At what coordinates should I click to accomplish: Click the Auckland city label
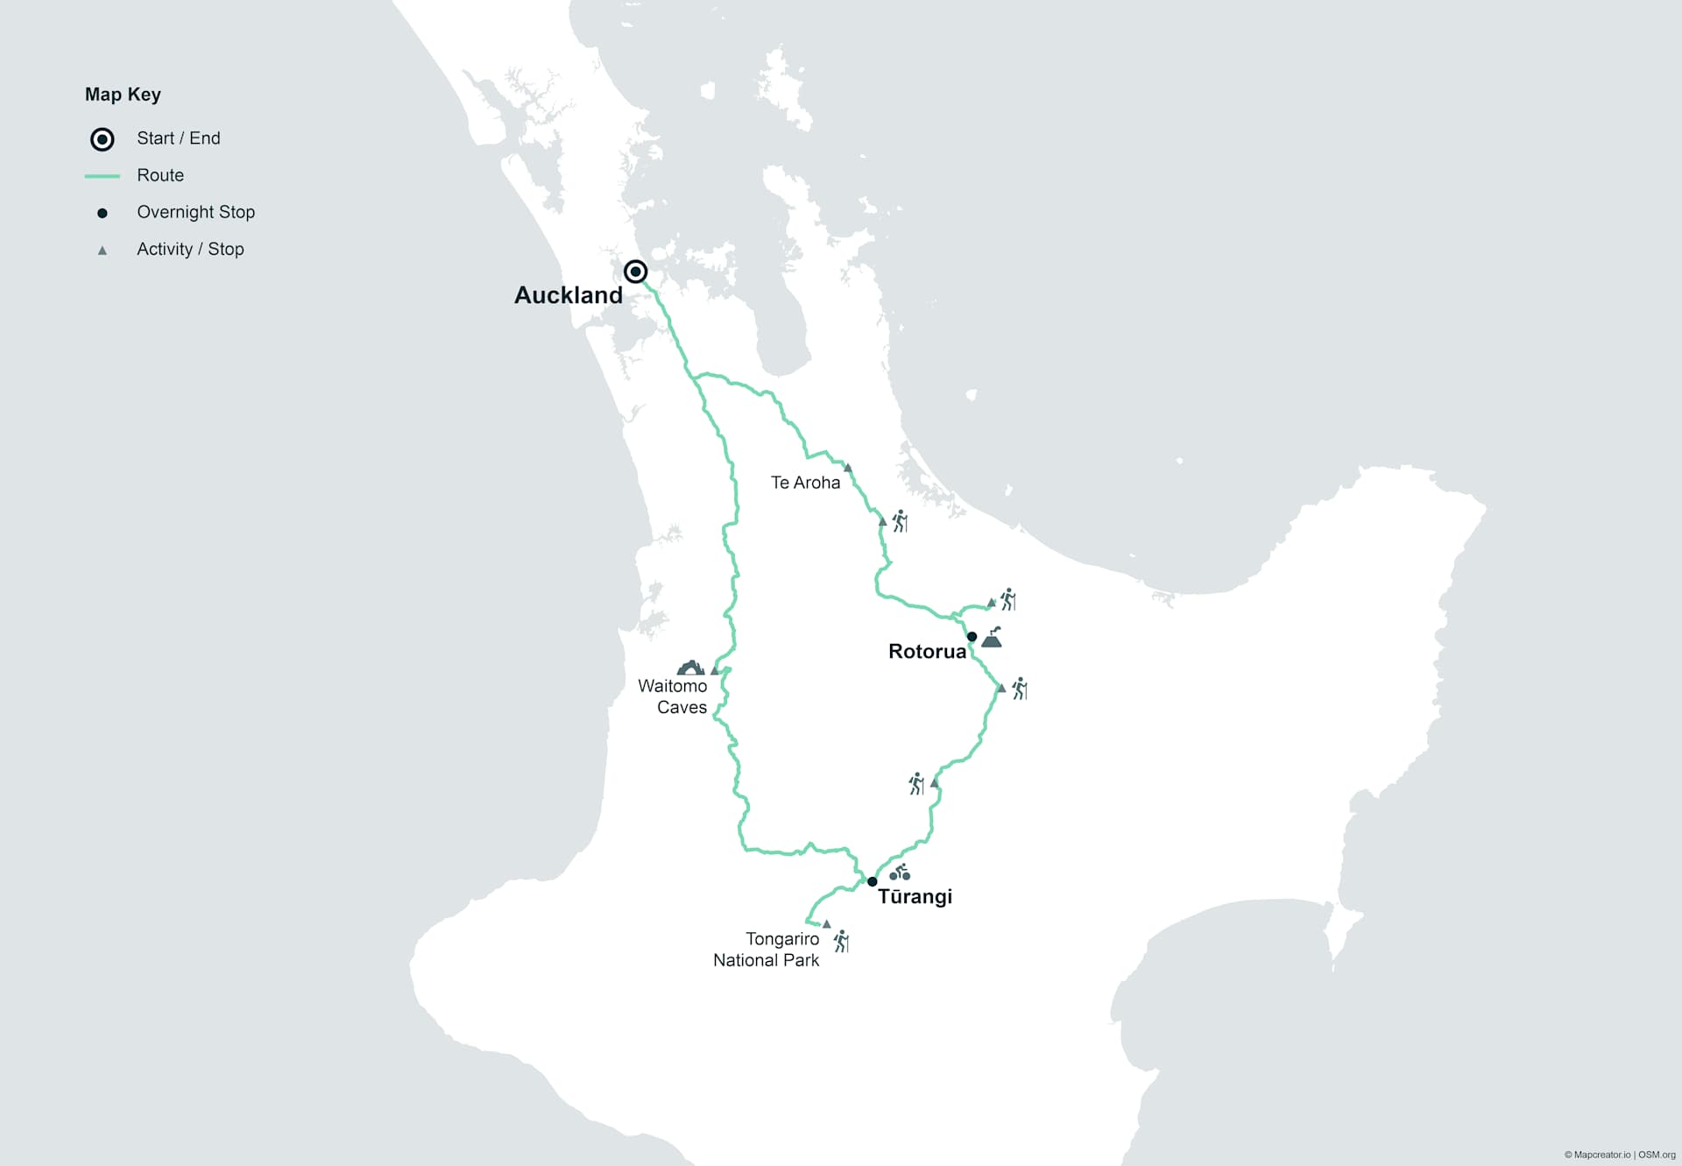[x=568, y=295]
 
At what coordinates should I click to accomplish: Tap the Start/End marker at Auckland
[x=636, y=272]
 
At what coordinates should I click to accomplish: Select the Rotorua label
[x=927, y=652]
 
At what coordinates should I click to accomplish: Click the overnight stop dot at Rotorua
[x=972, y=637]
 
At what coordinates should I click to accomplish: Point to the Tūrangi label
[x=915, y=897]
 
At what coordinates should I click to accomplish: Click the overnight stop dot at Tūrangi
[x=872, y=881]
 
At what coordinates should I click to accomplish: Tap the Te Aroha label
[x=805, y=483]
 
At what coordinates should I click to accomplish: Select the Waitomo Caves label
[x=673, y=696]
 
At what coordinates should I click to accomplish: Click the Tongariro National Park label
[x=767, y=950]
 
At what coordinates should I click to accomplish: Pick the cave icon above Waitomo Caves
[x=690, y=668]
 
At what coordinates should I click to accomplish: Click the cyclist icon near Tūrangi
[x=900, y=873]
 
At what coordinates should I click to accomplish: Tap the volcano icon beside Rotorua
[x=992, y=638]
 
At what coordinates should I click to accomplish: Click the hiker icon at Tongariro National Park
[x=842, y=942]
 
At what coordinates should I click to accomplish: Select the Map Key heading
[x=123, y=95]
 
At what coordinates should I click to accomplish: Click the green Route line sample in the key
[x=102, y=176]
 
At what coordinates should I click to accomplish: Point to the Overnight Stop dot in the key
[x=102, y=213]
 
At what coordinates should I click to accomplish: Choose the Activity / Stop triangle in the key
[x=102, y=251]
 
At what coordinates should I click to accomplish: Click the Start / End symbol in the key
[x=102, y=139]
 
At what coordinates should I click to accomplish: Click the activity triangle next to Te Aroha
[x=848, y=469]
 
